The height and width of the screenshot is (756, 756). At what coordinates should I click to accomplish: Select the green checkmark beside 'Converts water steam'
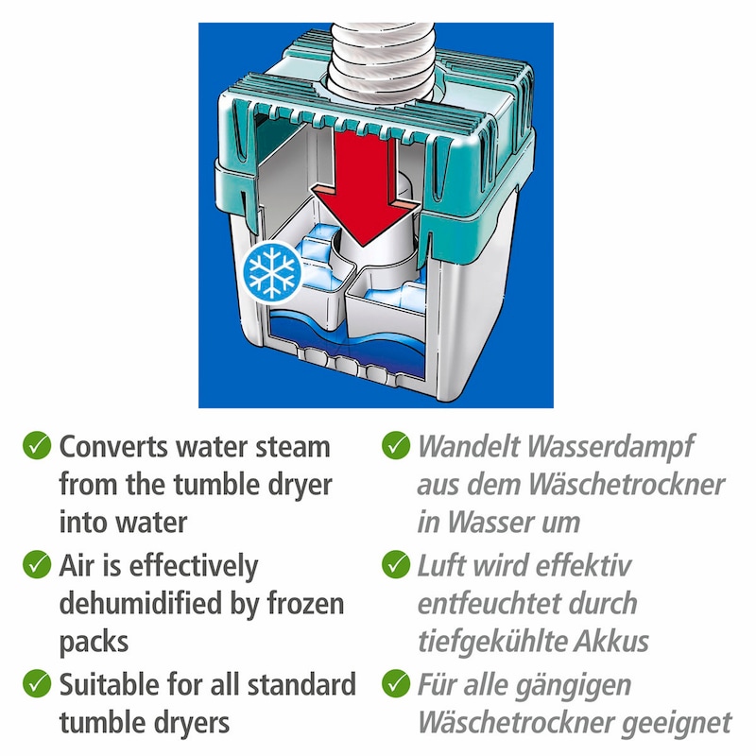point(37,445)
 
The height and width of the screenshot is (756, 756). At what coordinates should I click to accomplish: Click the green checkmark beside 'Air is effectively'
point(37,564)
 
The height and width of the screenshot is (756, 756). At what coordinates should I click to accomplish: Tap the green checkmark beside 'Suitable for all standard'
point(37,683)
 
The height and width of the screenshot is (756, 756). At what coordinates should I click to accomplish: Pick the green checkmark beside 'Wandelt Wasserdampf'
point(396,445)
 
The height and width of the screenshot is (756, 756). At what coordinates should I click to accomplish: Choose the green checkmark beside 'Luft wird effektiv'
point(396,564)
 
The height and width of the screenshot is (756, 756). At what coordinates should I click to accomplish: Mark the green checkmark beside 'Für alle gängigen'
point(396,683)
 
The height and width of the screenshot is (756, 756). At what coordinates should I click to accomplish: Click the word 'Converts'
point(113,446)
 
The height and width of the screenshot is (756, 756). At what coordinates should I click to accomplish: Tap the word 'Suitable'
point(110,684)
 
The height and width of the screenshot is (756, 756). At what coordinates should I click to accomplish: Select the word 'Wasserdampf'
point(610,446)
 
